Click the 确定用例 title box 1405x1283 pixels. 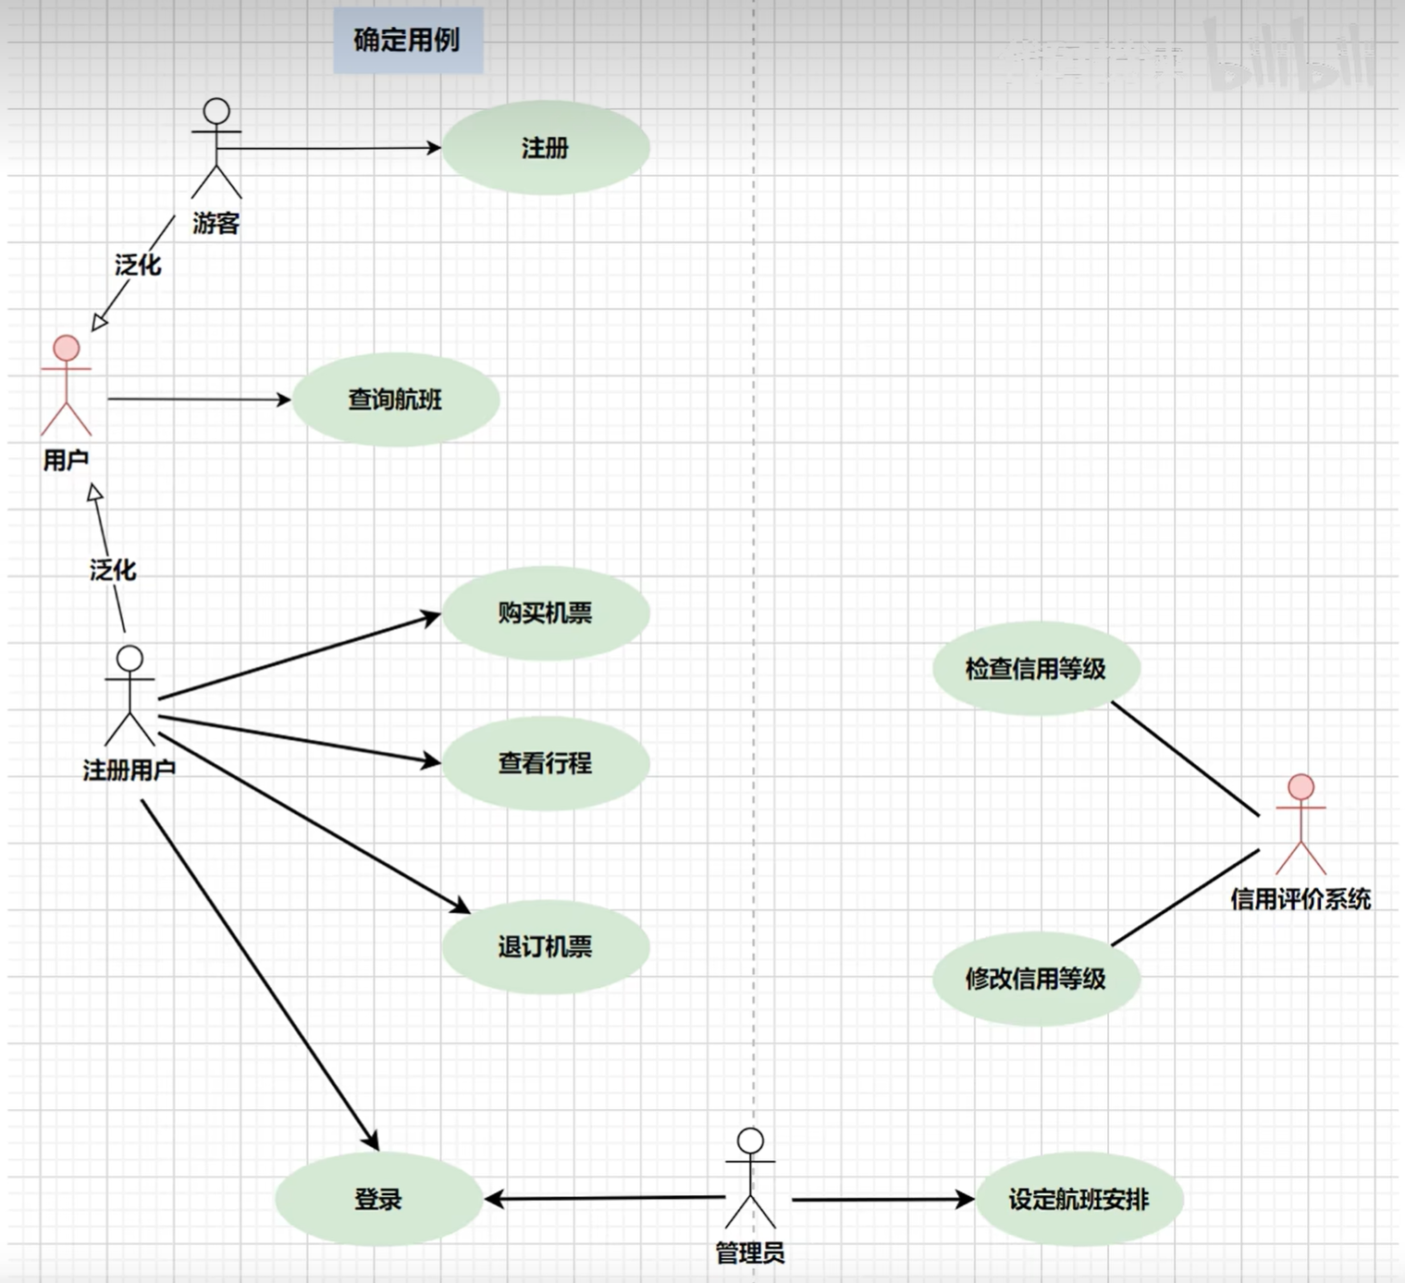pyautogui.click(x=408, y=41)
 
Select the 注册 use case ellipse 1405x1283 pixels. pyautogui.click(x=545, y=148)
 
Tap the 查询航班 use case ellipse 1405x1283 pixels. pyautogui.click(x=396, y=400)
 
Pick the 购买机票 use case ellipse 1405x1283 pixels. pyautogui.click(x=545, y=612)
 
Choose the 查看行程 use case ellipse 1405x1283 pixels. pyautogui.click(x=545, y=763)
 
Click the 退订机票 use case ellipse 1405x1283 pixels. pyautogui.click(x=545, y=946)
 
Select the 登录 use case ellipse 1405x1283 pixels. pyautogui.click(x=378, y=1200)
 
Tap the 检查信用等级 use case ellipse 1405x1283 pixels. pyautogui.click(x=1035, y=668)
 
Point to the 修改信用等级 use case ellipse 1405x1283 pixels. pyautogui.click(x=1035, y=979)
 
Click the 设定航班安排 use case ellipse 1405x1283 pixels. pyautogui.click(x=1078, y=1200)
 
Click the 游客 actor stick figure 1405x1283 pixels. pyautogui.click(x=216, y=148)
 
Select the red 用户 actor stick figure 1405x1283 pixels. pyautogui.click(x=67, y=386)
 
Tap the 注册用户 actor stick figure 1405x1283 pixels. pyautogui.click(x=129, y=696)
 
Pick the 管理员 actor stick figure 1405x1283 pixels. pyautogui.click(x=750, y=1178)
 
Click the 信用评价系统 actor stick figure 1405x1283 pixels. pyautogui.click(x=1300, y=824)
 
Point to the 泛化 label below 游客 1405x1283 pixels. pyautogui.click(x=138, y=265)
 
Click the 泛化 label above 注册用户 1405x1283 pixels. pyautogui.click(x=113, y=570)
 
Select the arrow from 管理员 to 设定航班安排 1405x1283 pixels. pyautogui.click(x=882, y=1200)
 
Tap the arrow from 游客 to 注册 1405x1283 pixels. pyautogui.click(x=333, y=148)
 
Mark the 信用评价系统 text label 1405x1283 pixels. pyautogui.click(x=1300, y=899)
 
